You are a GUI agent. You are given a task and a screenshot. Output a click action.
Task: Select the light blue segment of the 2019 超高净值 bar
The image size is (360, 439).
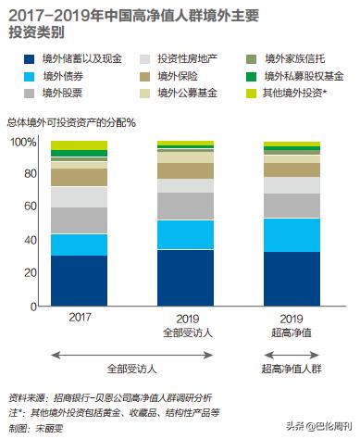292,234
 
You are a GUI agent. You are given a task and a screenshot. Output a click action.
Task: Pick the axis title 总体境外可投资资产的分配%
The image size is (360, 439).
73,123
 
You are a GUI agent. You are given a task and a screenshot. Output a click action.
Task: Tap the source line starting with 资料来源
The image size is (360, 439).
120,396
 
